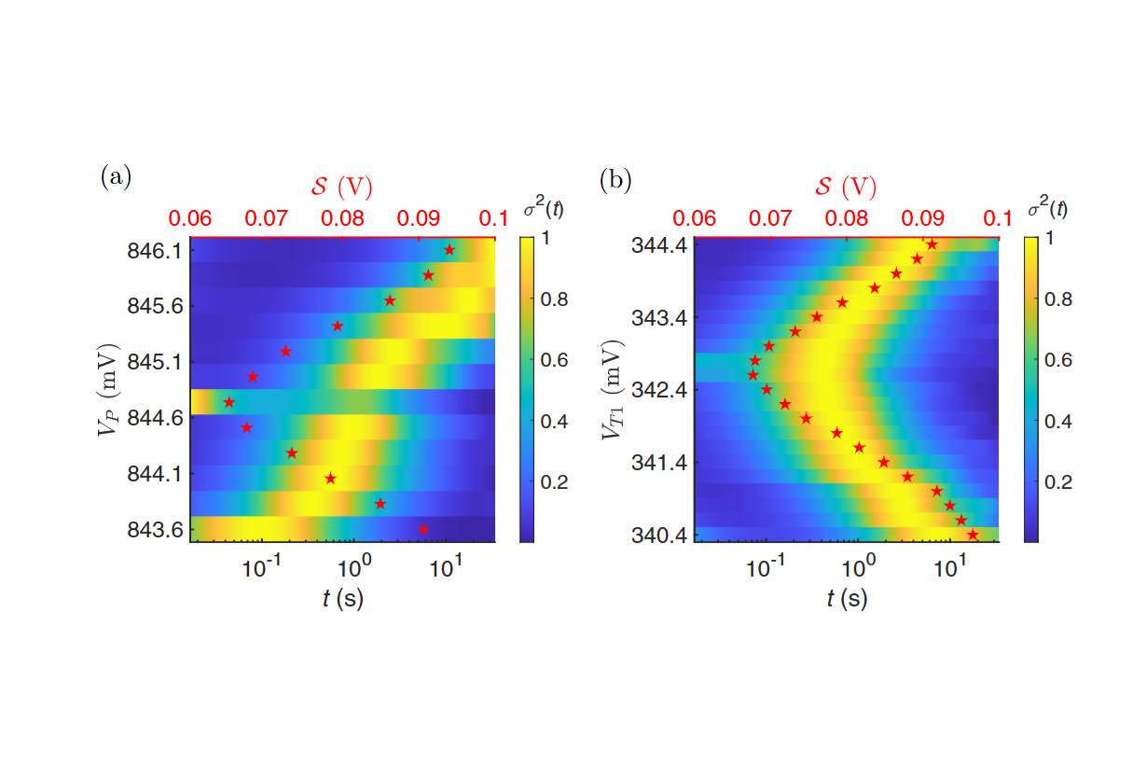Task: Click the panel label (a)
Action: (x=116, y=177)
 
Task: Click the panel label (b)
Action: (x=616, y=177)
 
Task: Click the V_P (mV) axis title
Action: (x=110, y=389)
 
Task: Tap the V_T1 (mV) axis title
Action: (x=611, y=389)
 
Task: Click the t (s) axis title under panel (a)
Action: (x=342, y=599)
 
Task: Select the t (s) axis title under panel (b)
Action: (x=847, y=599)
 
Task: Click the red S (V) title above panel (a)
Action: (x=341, y=187)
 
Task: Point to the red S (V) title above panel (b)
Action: (x=846, y=187)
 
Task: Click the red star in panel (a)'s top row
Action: (x=449, y=250)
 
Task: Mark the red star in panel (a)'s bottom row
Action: (x=424, y=529)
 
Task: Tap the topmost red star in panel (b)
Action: (x=932, y=244)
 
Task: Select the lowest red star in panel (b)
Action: (x=973, y=535)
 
